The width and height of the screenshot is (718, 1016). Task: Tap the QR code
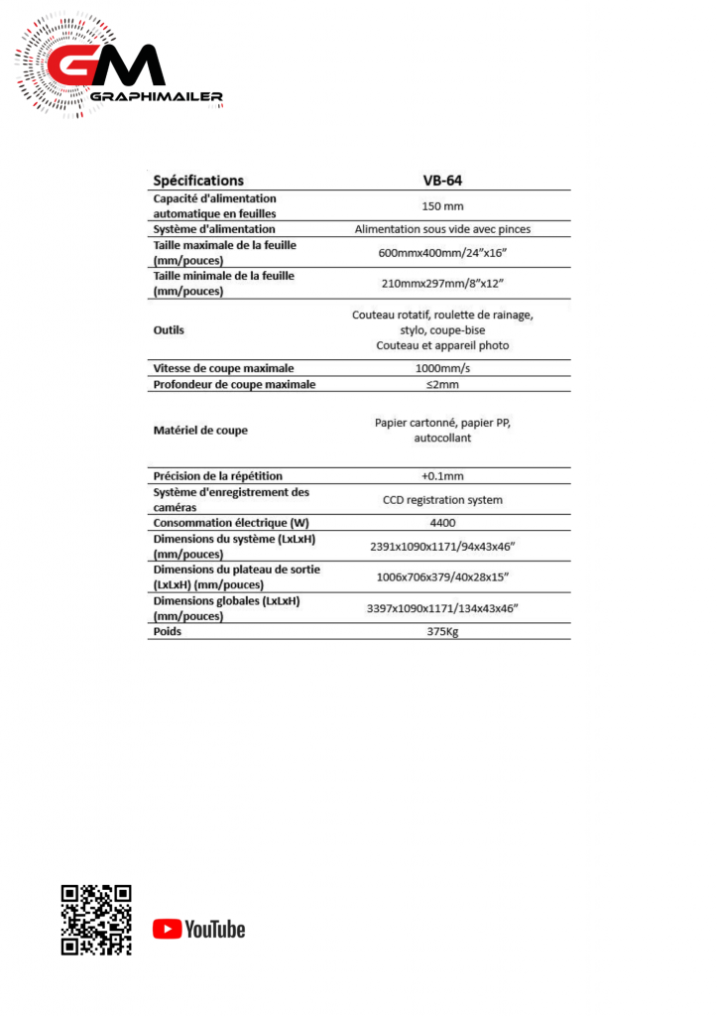pos(96,920)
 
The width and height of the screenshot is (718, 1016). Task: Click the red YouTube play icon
pos(167,929)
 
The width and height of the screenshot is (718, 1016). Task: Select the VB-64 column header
pos(442,181)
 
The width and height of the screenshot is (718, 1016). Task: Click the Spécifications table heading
pos(198,181)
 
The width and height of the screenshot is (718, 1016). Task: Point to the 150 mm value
pos(442,205)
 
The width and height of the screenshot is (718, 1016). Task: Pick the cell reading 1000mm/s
pos(442,368)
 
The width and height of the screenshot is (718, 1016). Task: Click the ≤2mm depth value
pos(442,384)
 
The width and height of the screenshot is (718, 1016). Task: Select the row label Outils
pos(169,329)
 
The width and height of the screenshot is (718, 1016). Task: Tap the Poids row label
pos(168,631)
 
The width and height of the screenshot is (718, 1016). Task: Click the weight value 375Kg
pos(442,631)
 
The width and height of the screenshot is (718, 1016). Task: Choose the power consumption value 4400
pos(442,523)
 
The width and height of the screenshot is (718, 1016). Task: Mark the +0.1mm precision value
pos(442,475)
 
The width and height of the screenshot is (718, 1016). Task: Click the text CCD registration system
pos(442,499)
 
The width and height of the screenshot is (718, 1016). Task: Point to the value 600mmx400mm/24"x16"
pos(442,252)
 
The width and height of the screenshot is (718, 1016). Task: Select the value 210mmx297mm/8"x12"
pos(442,283)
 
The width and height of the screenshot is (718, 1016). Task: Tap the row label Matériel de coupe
pos(200,430)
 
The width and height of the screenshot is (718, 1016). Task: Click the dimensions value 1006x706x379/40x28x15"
pos(442,576)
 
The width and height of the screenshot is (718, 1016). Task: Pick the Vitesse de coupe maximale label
pos(223,368)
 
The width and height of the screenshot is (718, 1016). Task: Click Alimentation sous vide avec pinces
pos(442,228)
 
